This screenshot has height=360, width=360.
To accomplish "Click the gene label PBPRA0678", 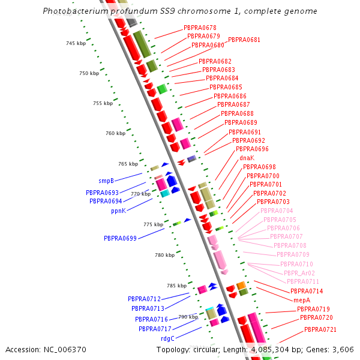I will pyautogui.click(x=200, y=28).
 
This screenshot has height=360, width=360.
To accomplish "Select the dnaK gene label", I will pyautogui.click(x=247, y=158).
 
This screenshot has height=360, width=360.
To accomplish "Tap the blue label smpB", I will pyautogui.click(x=106, y=181).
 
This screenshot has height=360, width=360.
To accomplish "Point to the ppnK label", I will pyautogui.click(x=118, y=211).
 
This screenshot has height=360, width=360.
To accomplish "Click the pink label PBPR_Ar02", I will pyautogui.click(x=299, y=273).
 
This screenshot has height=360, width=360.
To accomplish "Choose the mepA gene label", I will pyautogui.click(x=302, y=300).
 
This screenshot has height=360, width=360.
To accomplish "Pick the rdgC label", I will pyautogui.click(x=167, y=338).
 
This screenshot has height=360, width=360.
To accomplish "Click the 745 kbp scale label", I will pyautogui.click(x=76, y=43).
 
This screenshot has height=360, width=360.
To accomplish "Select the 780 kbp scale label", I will pyautogui.click(x=164, y=255).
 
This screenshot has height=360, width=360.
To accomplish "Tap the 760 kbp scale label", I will pyautogui.click(x=115, y=133).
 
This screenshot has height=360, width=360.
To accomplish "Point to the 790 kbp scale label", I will pyautogui.click(x=188, y=317).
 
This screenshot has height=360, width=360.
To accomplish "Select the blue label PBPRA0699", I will pyautogui.click(x=120, y=238).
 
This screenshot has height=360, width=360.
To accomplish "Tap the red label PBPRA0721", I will pyautogui.click(x=320, y=329).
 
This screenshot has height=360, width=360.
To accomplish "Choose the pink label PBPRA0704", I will pyautogui.click(x=277, y=211).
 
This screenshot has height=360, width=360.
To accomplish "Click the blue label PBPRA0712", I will pyautogui.click(x=144, y=299).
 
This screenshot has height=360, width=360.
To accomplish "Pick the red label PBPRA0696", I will pyautogui.click(x=252, y=149).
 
